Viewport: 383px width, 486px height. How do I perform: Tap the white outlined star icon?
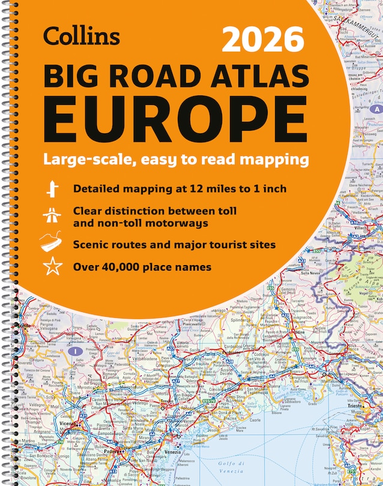pos(52,266)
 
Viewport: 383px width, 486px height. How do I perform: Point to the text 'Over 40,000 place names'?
pos(142,266)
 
